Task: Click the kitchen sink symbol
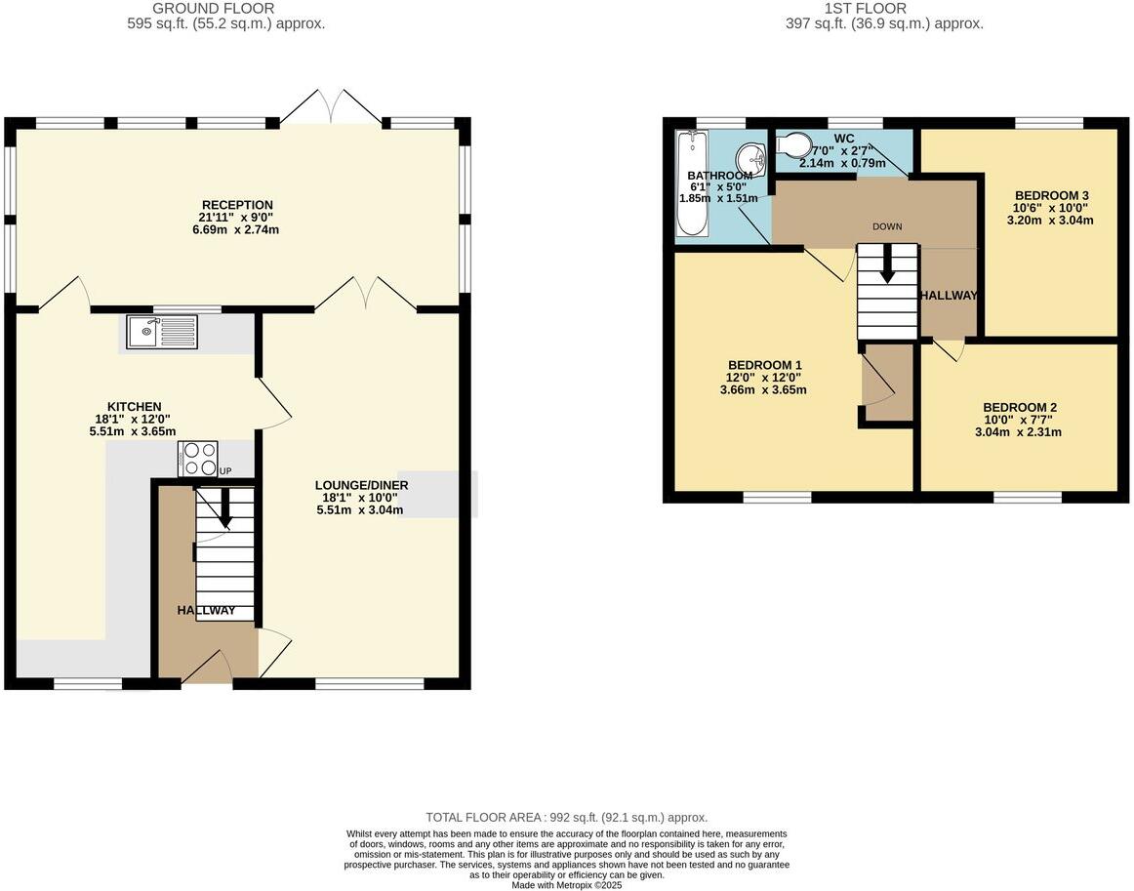(161, 332)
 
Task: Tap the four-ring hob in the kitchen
(198, 459)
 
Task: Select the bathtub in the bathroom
(692, 184)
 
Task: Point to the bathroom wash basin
(750, 156)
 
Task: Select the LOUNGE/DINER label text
(361, 485)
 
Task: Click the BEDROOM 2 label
(1020, 407)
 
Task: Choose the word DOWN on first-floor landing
(887, 226)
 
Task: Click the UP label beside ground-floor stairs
(226, 471)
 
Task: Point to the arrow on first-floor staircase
(887, 263)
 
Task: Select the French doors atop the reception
(332, 107)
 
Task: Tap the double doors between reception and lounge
(366, 293)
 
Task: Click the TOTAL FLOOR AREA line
(566, 818)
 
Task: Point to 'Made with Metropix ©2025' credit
(566, 885)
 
